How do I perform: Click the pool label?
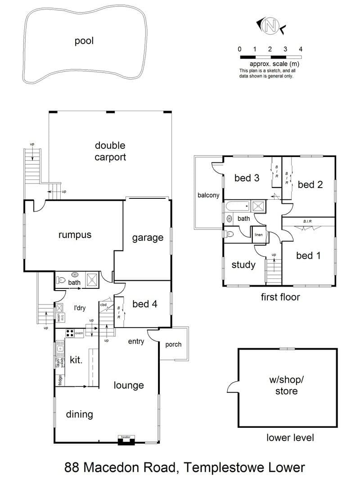(84, 41)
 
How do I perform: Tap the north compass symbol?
(270, 26)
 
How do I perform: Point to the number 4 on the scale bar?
(301, 49)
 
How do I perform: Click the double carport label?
(110, 151)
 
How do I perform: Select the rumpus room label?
(75, 235)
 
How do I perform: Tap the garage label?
(148, 238)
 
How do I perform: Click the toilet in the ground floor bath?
(61, 280)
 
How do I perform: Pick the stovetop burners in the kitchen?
(70, 333)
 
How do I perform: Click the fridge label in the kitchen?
(60, 380)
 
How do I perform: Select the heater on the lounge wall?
(126, 440)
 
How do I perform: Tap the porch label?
(173, 345)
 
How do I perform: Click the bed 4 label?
(145, 304)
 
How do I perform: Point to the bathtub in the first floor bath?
(238, 206)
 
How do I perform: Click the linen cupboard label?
(259, 235)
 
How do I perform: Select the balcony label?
(208, 195)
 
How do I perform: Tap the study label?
(243, 265)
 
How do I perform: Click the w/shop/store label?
(287, 385)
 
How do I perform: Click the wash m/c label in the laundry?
(61, 318)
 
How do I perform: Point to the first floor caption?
(280, 297)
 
